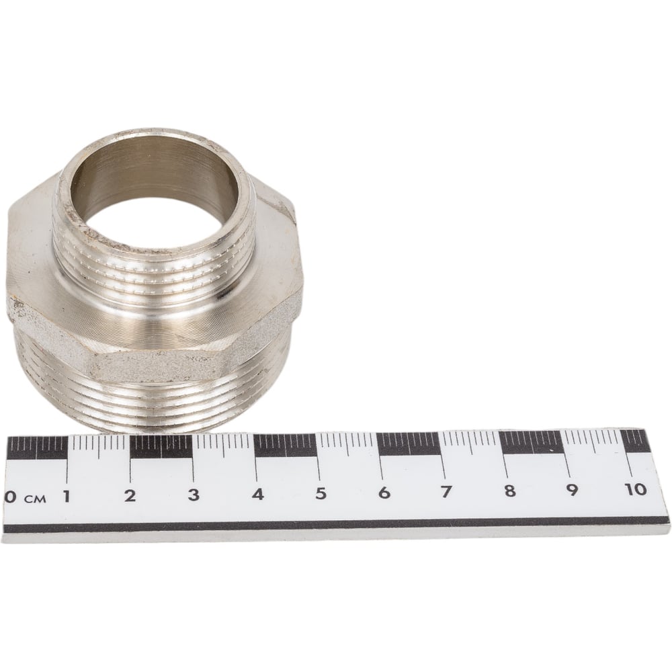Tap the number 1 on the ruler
pyautogui.click(x=67, y=497)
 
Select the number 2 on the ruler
pyautogui.click(x=130, y=496)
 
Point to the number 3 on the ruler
pyautogui.click(x=194, y=495)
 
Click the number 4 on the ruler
pyautogui.click(x=257, y=494)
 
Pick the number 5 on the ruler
pyautogui.click(x=321, y=493)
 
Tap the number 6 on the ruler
pyautogui.click(x=384, y=492)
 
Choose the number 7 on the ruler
pyautogui.click(x=447, y=491)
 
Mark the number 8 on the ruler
pyautogui.click(x=509, y=490)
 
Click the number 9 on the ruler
pyautogui.click(x=572, y=489)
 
